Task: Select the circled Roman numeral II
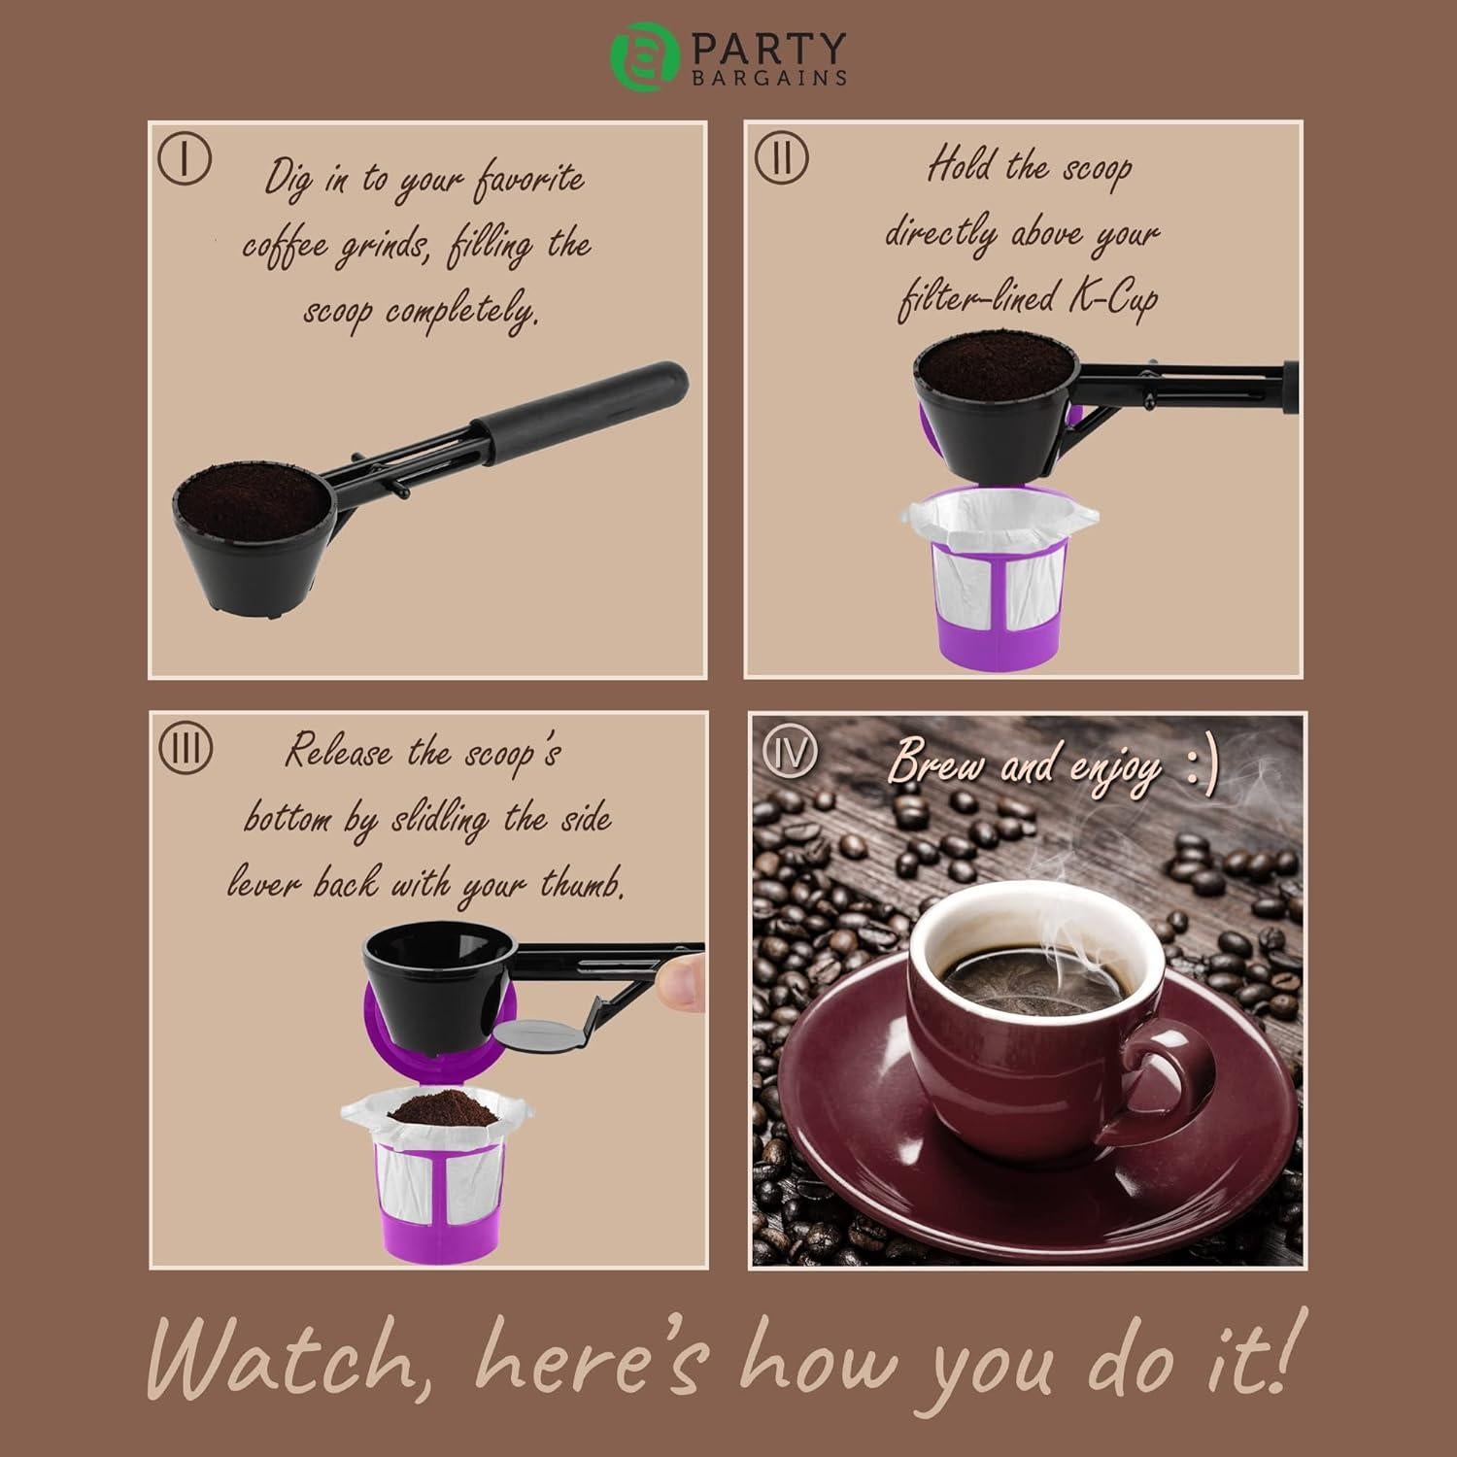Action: [x=781, y=157]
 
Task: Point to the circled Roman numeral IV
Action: [x=790, y=752]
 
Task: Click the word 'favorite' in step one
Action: [x=529, y=181]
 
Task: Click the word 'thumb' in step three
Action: [x=580, y=884]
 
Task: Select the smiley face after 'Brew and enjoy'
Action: [x=1203, y=767]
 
